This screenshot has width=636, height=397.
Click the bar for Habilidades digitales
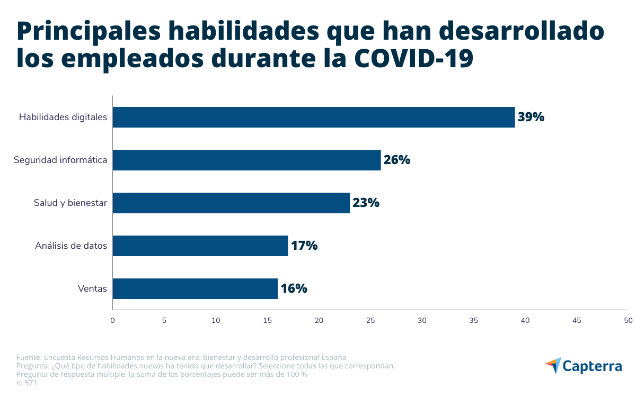point(313,117)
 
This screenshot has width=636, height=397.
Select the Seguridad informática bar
point(246,160)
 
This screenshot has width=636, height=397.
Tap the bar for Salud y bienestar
point(231,203)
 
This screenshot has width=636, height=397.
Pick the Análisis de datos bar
point(200,246)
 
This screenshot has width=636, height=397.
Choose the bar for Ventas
point(195,288)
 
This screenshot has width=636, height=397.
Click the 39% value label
point(531,117)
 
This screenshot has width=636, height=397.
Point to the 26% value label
point(397,160)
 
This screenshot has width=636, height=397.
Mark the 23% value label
point(366,203)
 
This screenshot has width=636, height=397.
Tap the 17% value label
point(304,246)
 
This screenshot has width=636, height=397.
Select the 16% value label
point(294,288)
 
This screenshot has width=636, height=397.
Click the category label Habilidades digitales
point(63,117)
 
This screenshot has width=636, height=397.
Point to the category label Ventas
point(92,288)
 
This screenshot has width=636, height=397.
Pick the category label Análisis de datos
point(71,246)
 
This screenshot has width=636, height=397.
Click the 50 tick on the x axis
point(628,320)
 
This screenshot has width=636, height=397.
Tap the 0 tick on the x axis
point(112,320)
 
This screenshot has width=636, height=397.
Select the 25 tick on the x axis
point(370,320)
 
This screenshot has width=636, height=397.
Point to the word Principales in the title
point(89,32)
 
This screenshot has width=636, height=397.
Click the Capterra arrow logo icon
point(553,365)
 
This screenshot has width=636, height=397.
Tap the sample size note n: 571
point(26,383)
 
